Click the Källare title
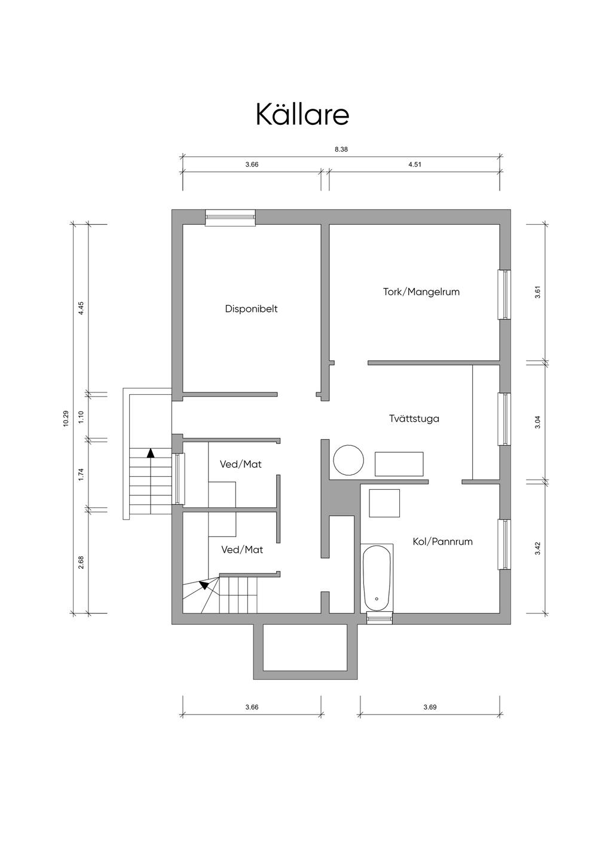302,114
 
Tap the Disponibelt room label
251,309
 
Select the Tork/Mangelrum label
421,292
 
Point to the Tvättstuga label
414,419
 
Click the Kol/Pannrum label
442,541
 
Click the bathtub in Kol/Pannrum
377,578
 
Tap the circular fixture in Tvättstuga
348,460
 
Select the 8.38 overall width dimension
341,149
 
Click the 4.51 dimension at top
415,164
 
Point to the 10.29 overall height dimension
66,418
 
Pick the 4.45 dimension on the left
81,308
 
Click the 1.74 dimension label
81,474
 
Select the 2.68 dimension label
81,562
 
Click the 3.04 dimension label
537,422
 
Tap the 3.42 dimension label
537,548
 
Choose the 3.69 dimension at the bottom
430,707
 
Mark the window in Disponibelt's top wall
230,217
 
